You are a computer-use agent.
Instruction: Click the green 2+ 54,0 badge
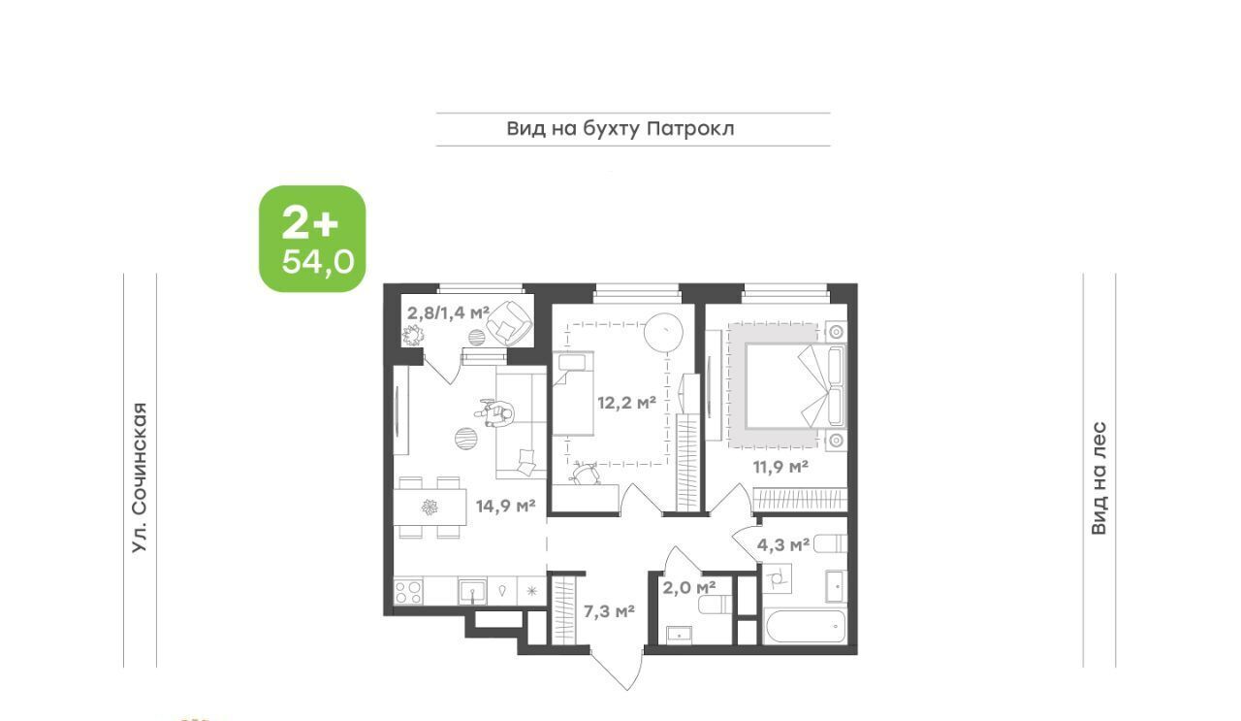(x=312, y=239)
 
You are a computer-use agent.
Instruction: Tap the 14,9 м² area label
(x=506, y=506)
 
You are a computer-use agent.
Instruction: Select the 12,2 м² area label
(x=626, y=402)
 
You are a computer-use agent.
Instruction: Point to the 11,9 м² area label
(x=780, y=467)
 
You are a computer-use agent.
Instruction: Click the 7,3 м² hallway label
(x=609, y=611)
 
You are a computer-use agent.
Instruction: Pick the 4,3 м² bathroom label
(x=783, y=544)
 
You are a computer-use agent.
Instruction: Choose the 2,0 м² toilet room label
(x=689, y=587)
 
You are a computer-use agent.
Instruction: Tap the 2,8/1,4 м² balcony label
(x=449, y=312)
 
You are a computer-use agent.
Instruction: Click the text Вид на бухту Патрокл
(x=620, y=129)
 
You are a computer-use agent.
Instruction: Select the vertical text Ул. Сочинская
(x=140, y=477)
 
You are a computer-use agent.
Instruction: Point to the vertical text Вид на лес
(x=1099, y=478)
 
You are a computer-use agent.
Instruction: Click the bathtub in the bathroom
(x=805, y=626)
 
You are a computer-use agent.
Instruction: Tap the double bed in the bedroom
(x=794, y=386)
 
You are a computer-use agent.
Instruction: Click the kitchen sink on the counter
(x=472, y=591)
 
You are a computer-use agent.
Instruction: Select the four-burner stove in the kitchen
(x=408, y=591)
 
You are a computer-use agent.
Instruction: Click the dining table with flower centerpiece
(x=430, y=507)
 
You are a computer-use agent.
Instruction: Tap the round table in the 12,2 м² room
(x=663, y=332)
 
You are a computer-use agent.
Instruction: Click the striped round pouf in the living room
(x=466, y=439)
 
